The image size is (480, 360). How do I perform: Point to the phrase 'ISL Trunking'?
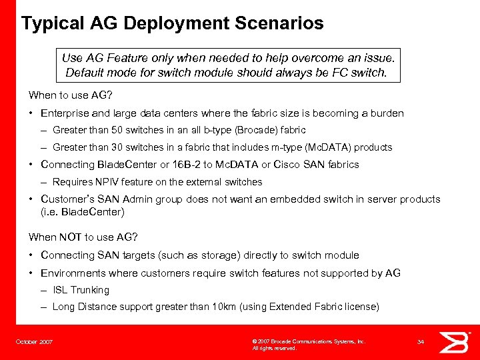tap(81, 290)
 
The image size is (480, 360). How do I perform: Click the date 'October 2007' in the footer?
tap(34, 341)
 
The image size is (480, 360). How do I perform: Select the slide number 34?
tap(421, 341)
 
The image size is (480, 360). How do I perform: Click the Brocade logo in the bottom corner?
tap(455, 341)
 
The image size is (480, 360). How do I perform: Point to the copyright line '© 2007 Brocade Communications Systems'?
tap(309, 341)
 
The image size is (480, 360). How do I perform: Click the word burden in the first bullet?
tap(387, 113)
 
